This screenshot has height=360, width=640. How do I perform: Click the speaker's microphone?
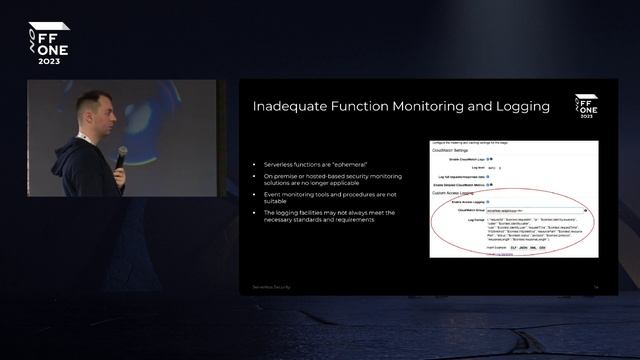coord(122,156)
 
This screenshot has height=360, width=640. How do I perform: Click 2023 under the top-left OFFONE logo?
coord(48,61)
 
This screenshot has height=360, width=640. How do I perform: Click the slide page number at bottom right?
coord(595,287)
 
